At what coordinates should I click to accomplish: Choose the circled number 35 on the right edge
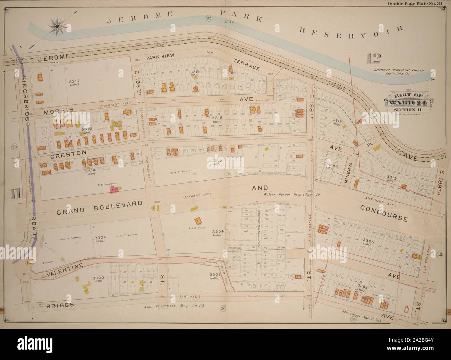point(440,255)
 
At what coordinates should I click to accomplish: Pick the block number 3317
point(75,81)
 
